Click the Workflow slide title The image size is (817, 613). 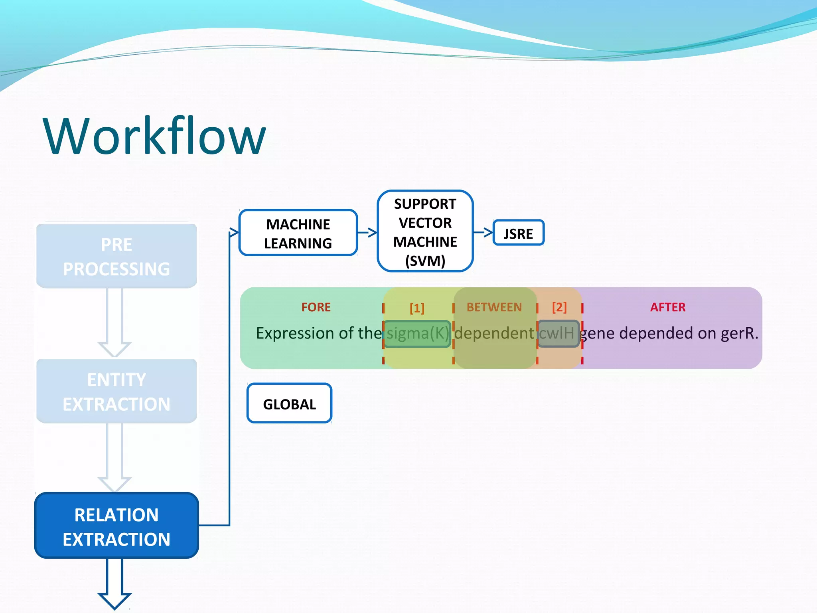[154, 136]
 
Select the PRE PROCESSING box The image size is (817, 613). [116, 256]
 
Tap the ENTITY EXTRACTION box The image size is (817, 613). [116, 392]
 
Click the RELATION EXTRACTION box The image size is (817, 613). [116, 526]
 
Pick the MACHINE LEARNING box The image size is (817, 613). [298, 233]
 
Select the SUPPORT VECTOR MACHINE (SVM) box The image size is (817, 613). [425, 231]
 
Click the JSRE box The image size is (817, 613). [518, 233]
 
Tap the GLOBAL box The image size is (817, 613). [289, 403]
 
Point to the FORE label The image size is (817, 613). [316, 307]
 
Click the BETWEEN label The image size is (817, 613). [494, 307]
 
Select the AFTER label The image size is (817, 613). [668, 307]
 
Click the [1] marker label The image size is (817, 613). [417, 308]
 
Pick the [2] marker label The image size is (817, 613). [559, 307]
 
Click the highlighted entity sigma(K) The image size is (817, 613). [417, 334]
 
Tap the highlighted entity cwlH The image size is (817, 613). [558, 334]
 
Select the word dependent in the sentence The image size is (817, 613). [494, 334]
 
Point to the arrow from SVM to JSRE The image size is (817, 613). [483, 232]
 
